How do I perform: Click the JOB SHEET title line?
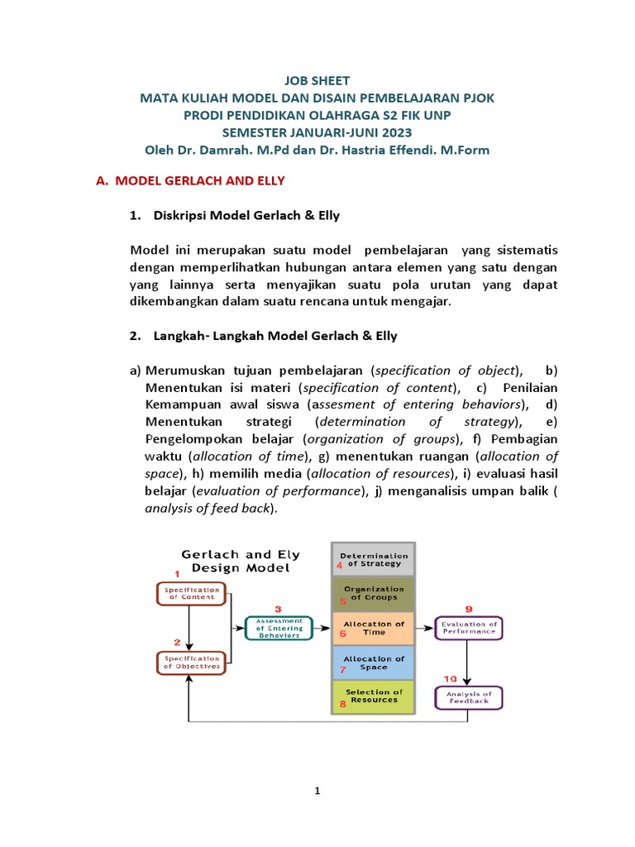coord(317,81)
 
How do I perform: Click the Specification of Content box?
coord(190,593)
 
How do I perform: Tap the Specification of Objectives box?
coord(190,662)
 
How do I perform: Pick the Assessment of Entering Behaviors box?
coord(279,628)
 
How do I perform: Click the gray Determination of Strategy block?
coord(373,560)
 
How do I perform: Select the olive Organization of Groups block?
coord(373,594)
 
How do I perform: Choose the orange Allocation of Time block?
coord(373,628)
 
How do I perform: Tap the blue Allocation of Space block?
coord(373,663)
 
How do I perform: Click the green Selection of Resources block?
coord(373,696)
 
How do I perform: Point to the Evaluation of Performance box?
coord(469,628)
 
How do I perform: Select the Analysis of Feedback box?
coord(469,697)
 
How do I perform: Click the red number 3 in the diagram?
coord(278,608)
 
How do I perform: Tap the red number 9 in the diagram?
coord(468,607)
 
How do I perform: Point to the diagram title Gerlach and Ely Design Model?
coord(241,561)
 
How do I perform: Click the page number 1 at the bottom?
coord(317,792)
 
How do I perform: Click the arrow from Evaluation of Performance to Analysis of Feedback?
coord(468,662)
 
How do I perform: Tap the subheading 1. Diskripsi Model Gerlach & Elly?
coord(235,216)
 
